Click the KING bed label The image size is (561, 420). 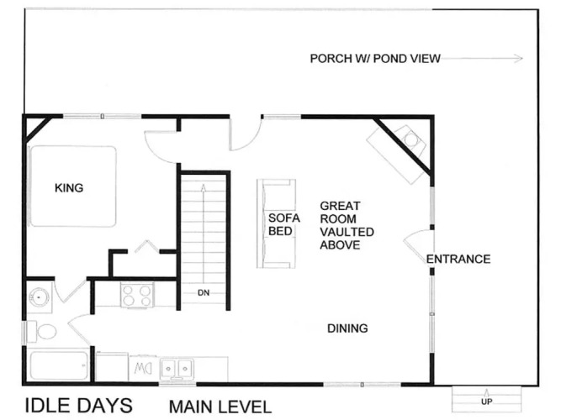click(x=69, y=187)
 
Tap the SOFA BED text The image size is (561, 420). click(x=284, y=224)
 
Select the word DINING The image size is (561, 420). click(x=347, y=328)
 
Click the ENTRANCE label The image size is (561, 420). click(x=458, y=259)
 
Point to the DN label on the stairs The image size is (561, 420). click(x=204, y=293)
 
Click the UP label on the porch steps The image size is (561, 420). click(x=487, y=402)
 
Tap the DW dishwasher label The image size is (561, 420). click(x=143, y=368)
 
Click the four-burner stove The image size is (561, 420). click(x=137, y=295)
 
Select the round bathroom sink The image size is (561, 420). click(x=39, y=297)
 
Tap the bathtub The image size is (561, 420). click(x=59, y=365)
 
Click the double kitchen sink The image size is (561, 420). click(x=177, y=368)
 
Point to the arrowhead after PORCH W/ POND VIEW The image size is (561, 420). click(x=519, y=58)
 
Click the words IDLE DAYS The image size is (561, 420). click(x=79, y=406)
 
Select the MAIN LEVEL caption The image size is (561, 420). click(x=220, y=407)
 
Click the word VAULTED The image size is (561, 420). click(x=347, y=232)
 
